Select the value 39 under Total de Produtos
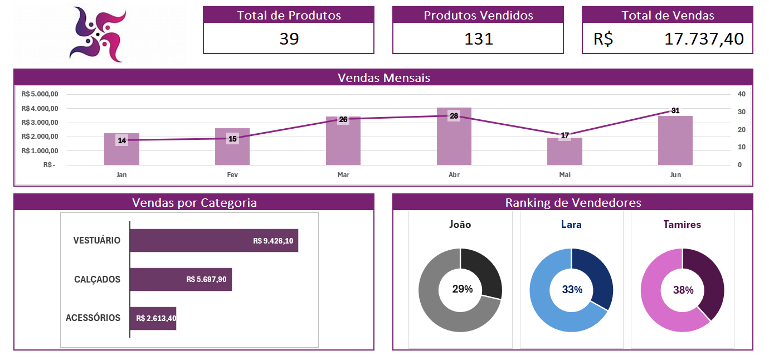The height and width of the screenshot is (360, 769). (x=289, y=39)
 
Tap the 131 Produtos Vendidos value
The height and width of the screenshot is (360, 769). (x=479, y=39)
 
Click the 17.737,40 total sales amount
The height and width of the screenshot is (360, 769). (x=704, y=39)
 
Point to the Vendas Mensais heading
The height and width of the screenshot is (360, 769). (x=383, y=77)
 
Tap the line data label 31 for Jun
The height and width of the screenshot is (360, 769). (x=675, y=110)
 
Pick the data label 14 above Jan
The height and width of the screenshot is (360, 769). (x=122, y=140)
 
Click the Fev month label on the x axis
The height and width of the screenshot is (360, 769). (x=232, y=175)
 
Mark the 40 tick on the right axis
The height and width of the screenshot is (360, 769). (x=741, y=94)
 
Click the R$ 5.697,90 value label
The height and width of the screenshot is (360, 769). (x=206, y=279)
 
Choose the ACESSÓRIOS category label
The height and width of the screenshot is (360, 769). (x=93, y=318)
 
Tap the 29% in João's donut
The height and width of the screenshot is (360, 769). (x=463, y=289)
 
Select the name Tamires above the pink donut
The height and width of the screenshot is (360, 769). (x=682, y=225)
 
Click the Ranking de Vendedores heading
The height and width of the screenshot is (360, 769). (x=573, y=202)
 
